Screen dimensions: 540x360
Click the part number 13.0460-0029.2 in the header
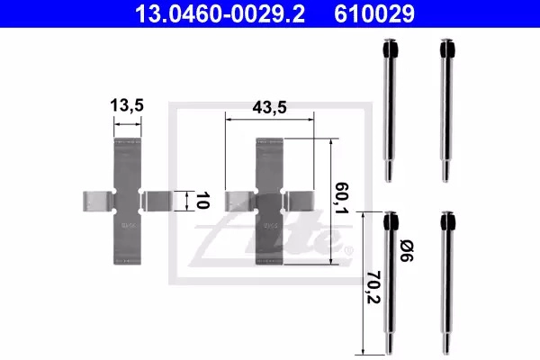pos(220,13)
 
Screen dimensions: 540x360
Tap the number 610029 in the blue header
pos(374,13)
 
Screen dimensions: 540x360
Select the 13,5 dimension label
pos(127,105)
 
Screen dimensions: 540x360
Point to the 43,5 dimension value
pos(269,107)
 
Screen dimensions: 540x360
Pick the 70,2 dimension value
pos(373,288)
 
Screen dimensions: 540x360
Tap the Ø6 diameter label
pos(407,251)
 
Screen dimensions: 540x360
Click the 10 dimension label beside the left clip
pos(202,201)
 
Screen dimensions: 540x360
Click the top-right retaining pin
pos(446,110)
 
